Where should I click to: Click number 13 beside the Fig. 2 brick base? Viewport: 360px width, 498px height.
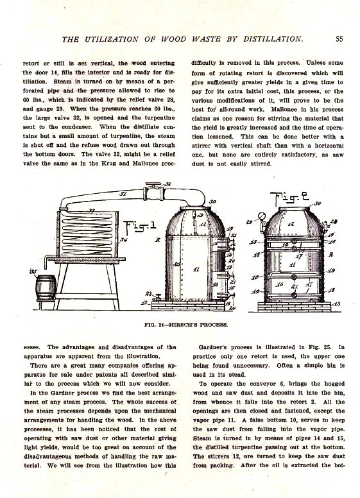point(336,302)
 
